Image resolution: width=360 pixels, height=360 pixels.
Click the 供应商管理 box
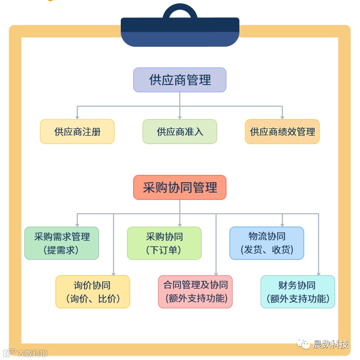179,80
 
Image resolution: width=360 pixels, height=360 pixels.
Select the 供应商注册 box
77,132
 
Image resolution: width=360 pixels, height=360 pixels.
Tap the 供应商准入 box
179,132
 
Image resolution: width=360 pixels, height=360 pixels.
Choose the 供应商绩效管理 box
282,132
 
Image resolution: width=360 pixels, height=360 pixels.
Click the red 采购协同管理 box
179,188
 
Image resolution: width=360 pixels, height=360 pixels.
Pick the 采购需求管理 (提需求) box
62,243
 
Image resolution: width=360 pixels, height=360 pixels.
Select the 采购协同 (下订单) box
164,243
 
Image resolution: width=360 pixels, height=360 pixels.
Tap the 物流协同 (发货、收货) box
266,243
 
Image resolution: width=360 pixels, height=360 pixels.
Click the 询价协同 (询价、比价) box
92,292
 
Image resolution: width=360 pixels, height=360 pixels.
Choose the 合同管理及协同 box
195,292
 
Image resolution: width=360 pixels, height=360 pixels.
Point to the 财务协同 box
297,292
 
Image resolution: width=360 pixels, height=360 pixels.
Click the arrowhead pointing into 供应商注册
77,117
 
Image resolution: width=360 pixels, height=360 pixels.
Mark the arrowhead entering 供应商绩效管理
282,117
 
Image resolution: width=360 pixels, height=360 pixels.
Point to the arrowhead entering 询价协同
113,273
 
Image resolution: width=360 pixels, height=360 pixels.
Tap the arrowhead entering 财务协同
318,273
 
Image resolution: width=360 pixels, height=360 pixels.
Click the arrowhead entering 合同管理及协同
216,273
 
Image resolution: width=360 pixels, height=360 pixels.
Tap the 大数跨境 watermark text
32,353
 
